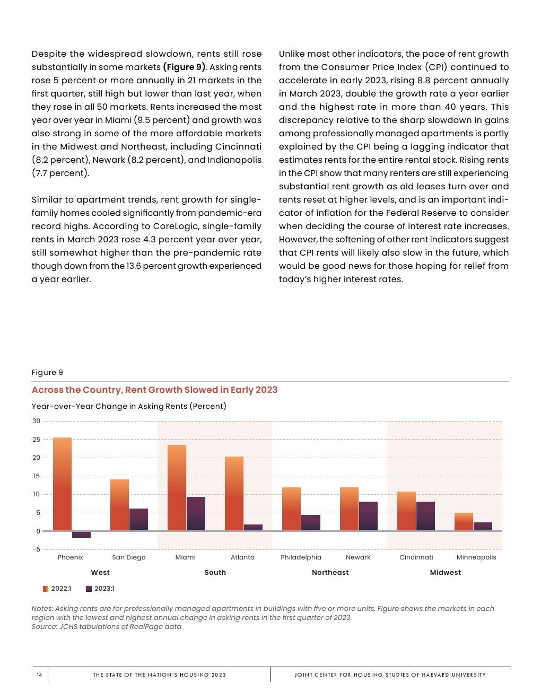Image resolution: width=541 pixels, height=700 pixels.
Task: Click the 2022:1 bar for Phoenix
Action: (x=62, y=484)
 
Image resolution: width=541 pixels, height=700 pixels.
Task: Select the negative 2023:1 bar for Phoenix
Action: (x=81, y=535)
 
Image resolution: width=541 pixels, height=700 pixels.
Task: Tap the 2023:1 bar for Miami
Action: (x=196, y=513)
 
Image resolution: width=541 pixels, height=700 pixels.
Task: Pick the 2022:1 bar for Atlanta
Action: (x=234, y=493)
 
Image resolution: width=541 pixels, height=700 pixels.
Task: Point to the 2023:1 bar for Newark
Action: (x=368, y=516)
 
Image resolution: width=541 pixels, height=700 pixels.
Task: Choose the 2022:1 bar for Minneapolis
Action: (x=464, y=521)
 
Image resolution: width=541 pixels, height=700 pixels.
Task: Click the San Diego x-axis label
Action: (x=128, y=557)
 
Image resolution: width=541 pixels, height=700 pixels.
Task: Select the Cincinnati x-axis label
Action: (x=416, y=557)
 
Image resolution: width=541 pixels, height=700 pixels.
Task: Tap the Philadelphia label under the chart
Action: (x=301, y=557)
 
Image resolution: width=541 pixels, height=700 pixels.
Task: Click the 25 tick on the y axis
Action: (x=36, y=440)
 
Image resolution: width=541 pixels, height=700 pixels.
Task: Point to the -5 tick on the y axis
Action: (x=36, y=549)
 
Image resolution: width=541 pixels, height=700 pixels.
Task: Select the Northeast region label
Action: (x=330, y=573)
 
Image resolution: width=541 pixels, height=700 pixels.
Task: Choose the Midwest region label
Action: (x=445, y=573)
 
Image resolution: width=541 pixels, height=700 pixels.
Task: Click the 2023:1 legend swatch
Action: (x=89, y=589)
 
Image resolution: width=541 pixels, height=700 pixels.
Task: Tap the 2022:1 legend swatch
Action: (x=46, y=589)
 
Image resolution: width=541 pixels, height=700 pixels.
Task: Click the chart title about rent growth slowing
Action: (x=154, y=390)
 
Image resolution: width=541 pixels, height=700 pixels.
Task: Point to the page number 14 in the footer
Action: (x=39, y=675)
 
